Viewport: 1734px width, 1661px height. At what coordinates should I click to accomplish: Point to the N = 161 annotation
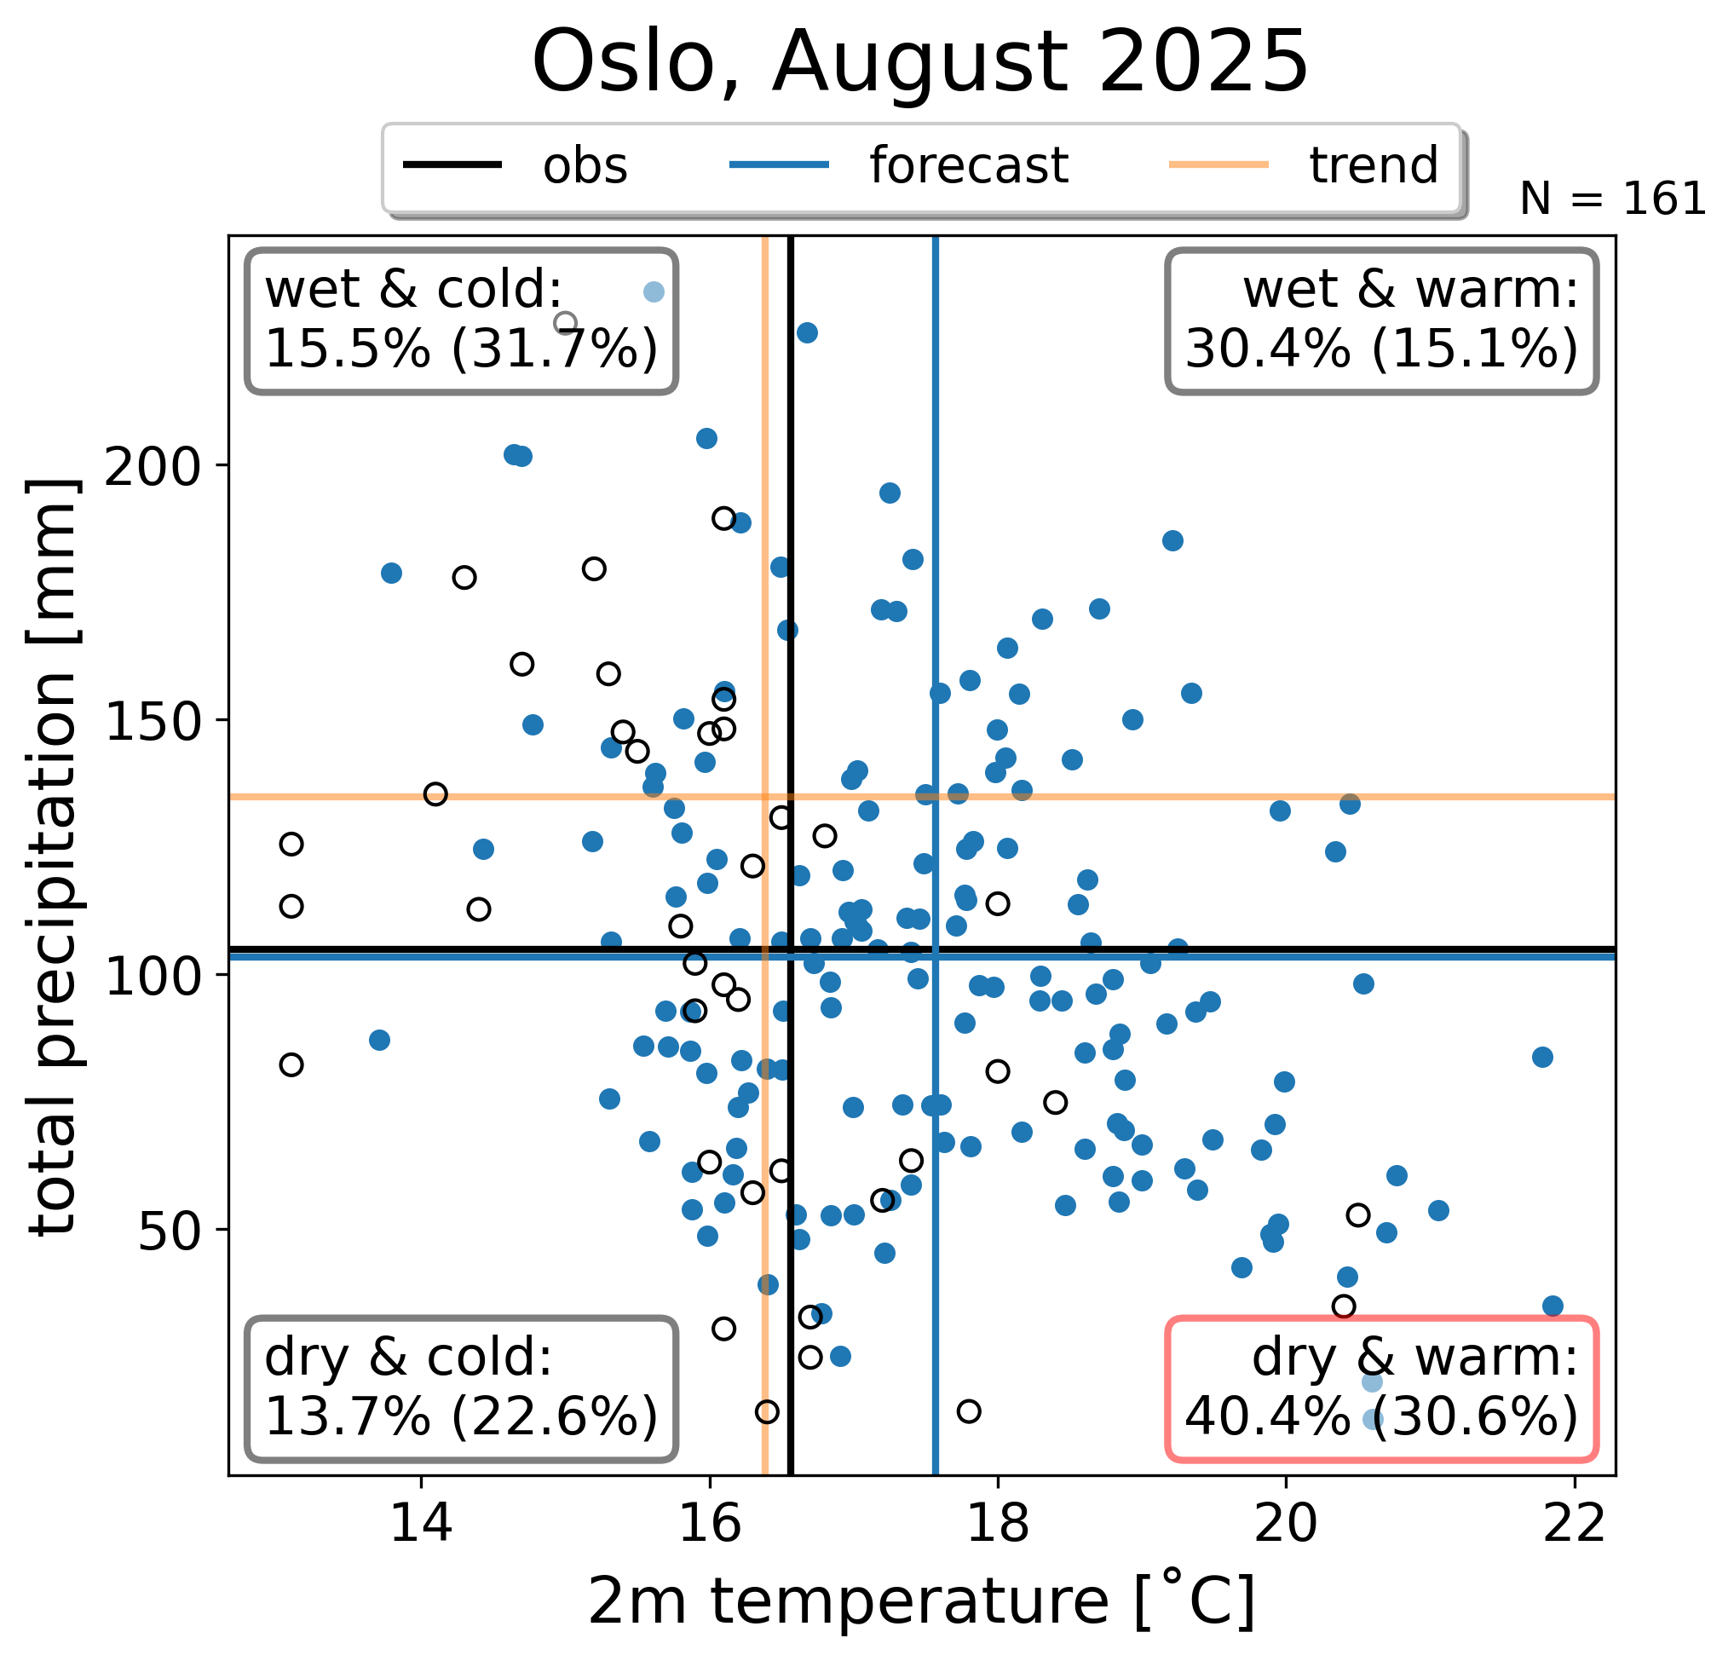pyautogui.click(x=1612, y=199)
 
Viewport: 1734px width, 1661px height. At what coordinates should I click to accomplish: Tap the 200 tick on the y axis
pyautogui.click(x=156, y=465)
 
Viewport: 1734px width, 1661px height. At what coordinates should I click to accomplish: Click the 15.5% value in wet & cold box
pyautogui.click(x=348, y=349)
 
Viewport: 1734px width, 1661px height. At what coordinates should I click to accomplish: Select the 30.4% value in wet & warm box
pyautogui.click(x=1268, y=349)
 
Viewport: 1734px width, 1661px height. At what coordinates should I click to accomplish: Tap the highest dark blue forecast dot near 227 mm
pyautogui.click(x=807, y=332)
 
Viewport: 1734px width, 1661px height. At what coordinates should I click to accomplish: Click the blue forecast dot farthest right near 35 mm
pyautogui.click(x=1553, y=1306)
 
